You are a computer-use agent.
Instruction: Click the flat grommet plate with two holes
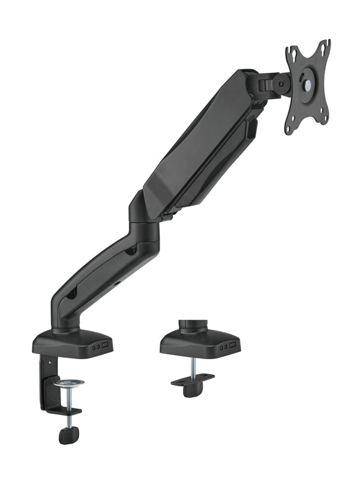point(192,379)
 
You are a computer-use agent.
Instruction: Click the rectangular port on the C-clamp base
point(104,346)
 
